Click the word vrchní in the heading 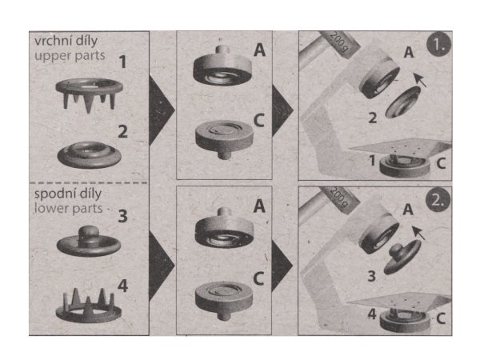[50, 41]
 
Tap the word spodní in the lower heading [52, 194]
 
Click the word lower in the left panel [49, 208]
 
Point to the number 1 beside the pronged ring [122, 62]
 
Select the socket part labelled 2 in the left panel [89, 154]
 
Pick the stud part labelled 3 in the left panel [88, 242]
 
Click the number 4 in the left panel [122, 286]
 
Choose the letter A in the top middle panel [259, 50]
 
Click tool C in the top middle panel [224, 138]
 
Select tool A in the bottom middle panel [224, 228]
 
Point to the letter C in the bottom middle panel [258, 278]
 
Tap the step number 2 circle [438, 200]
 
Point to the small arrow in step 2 [418, 233]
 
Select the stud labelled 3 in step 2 [402, 256]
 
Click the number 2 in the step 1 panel [372, 118]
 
